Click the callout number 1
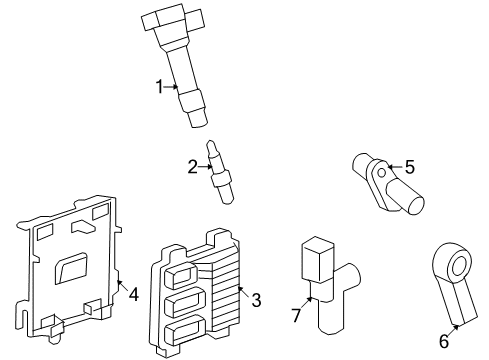(x=159, y=87)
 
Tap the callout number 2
(x=192, y=166)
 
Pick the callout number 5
(x=408, y=167)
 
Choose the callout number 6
(x=444, y=341)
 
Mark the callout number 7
(x=294, y=317)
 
